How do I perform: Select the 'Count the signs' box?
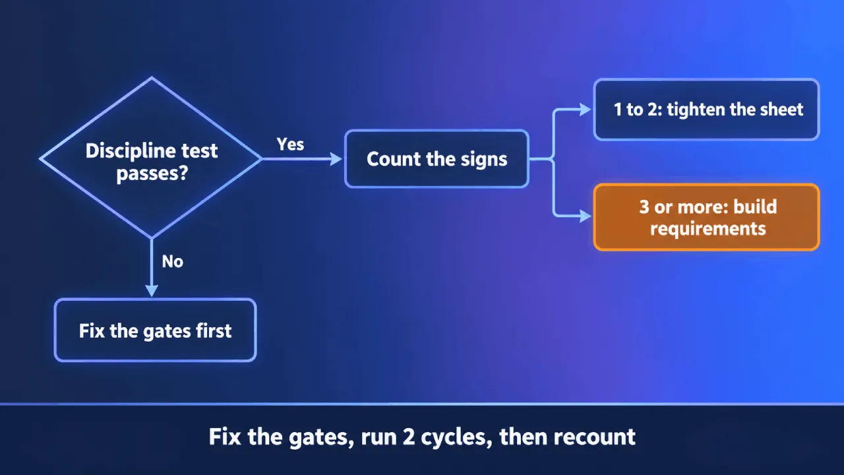(x=437, y=159)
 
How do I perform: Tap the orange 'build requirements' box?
(x=706, y=217)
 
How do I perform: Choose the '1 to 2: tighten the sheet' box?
(x=706, y=110)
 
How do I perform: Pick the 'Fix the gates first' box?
(x=155, y=331)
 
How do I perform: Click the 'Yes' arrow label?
(x=290, y=144)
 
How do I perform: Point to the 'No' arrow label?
(x=173, y=261)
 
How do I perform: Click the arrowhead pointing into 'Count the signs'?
(x=336, y=159)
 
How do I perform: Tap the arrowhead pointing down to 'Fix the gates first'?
(x=152, y=291)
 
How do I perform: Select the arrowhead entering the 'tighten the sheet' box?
(x=585, y=110)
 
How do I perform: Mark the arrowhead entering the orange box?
(x=585, y=216)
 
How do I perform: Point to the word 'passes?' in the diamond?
(x=152, y=174)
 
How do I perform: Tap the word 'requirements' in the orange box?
(x=708, y=229)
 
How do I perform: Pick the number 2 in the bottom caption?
(x=408, y=437)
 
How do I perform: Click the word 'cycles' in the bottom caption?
(x=455, y=437)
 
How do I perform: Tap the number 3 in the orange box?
(x=644, y=206)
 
